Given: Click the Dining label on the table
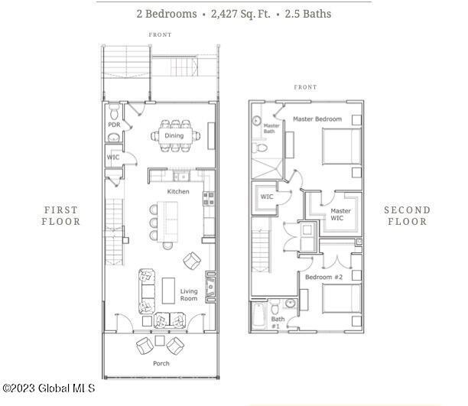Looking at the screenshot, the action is coord(174,135).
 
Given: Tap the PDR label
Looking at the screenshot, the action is coord(114,125).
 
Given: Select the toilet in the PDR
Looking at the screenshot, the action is coord(114,112).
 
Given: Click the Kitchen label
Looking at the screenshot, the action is coord(178,191).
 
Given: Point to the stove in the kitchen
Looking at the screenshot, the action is coord(209,199).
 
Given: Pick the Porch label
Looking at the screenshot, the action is coord(161,363).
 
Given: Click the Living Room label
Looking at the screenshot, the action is coord(189,294).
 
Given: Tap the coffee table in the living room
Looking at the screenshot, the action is coord(168,291).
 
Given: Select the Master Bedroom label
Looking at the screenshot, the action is coord(317,119).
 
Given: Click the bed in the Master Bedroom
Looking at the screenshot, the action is coord(342,146).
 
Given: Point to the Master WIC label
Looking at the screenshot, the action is coord(340,214).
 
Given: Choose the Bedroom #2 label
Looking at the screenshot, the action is coord(323,277).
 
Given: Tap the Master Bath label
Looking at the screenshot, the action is coord(271,128).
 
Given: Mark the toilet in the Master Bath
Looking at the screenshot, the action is coord(261,148).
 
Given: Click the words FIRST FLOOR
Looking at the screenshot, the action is coord(61,216).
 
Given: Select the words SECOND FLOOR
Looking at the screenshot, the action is coord(407,216).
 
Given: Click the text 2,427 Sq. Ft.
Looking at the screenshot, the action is coord(241,14).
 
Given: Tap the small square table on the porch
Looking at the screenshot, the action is coord(160,340).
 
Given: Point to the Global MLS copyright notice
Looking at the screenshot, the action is coord(49,388).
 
